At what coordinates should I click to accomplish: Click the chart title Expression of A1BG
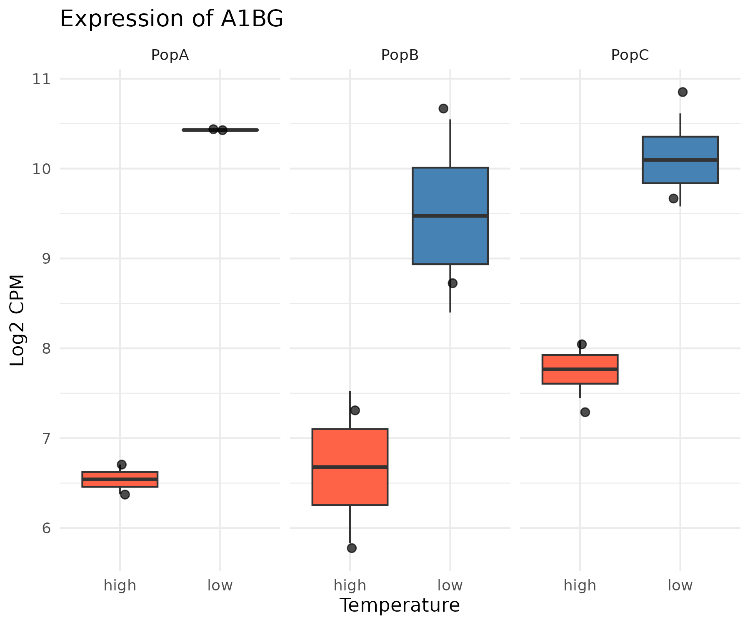point(171,19)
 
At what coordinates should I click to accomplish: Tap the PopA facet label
point(170,55)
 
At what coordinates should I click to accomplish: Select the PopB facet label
point(400,55)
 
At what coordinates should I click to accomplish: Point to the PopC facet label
point(630,55)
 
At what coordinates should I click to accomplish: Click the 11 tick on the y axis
point(41,79)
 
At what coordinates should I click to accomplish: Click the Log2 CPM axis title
point(17,320)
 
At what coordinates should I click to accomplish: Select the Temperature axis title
point(400,605)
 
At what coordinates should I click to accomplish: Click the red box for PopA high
point(120,482)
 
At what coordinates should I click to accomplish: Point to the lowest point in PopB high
point(352,548)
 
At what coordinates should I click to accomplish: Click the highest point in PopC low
point(682,92)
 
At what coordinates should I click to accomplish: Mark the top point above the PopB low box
point(443,109)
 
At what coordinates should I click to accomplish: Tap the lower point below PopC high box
point(585,412)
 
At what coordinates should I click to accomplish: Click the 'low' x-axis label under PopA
point(220,585)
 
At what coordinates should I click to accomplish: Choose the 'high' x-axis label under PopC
point(580,585)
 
